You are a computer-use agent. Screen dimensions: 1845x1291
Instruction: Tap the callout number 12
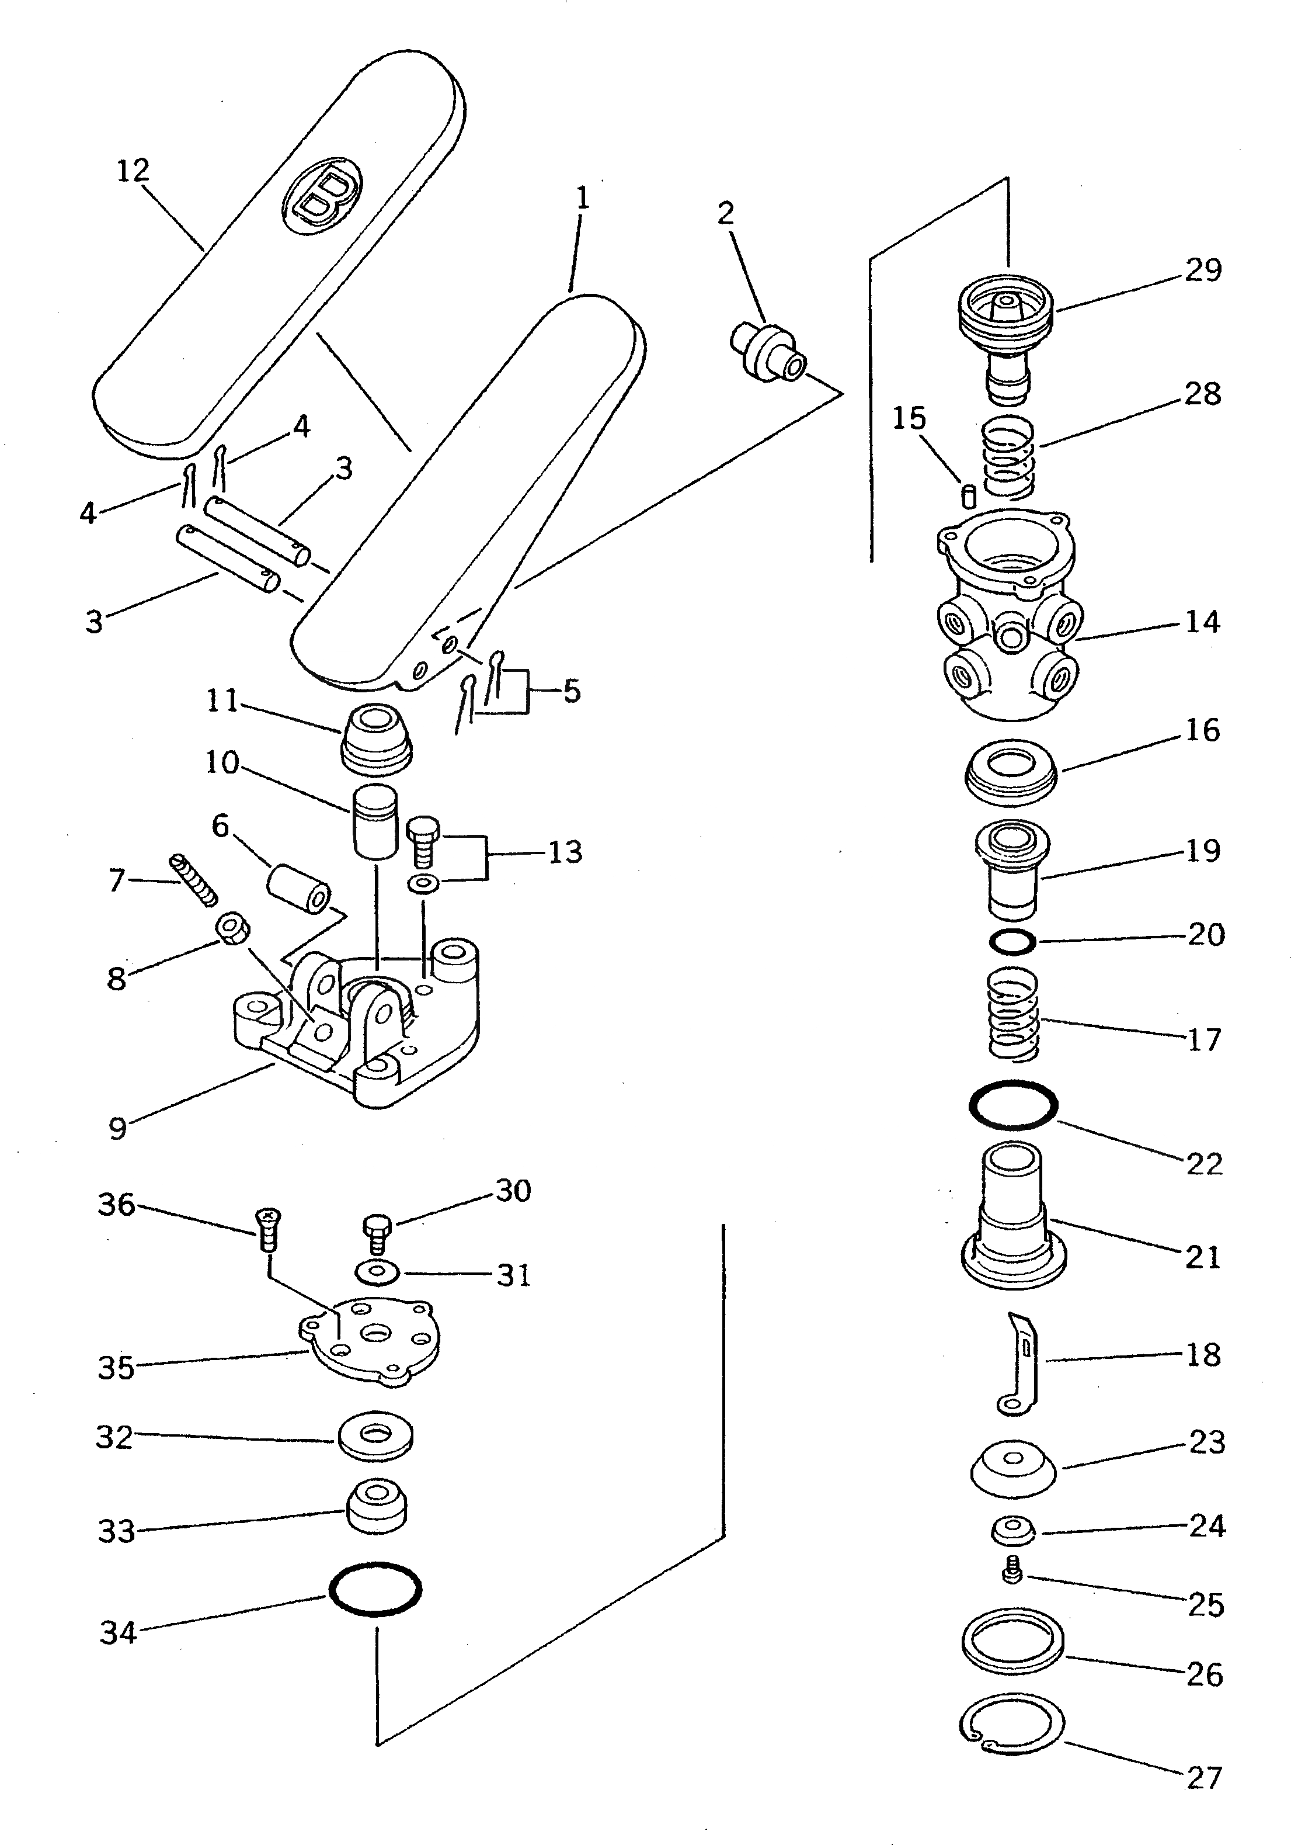coord(133,171)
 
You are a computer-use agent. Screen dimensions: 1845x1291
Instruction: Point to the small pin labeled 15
coord(969,495)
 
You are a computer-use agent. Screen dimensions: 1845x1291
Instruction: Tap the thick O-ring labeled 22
coord(1013,1105)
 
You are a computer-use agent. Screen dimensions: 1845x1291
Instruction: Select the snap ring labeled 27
coord(1012,1723)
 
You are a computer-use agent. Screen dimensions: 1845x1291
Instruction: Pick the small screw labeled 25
coord(1012,1571)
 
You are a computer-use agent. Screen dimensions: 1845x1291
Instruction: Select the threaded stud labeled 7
coord(194,878)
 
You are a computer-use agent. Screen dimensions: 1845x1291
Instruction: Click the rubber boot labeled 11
coord(377,737)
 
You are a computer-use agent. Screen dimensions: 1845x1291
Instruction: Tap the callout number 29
coord(1203,271)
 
